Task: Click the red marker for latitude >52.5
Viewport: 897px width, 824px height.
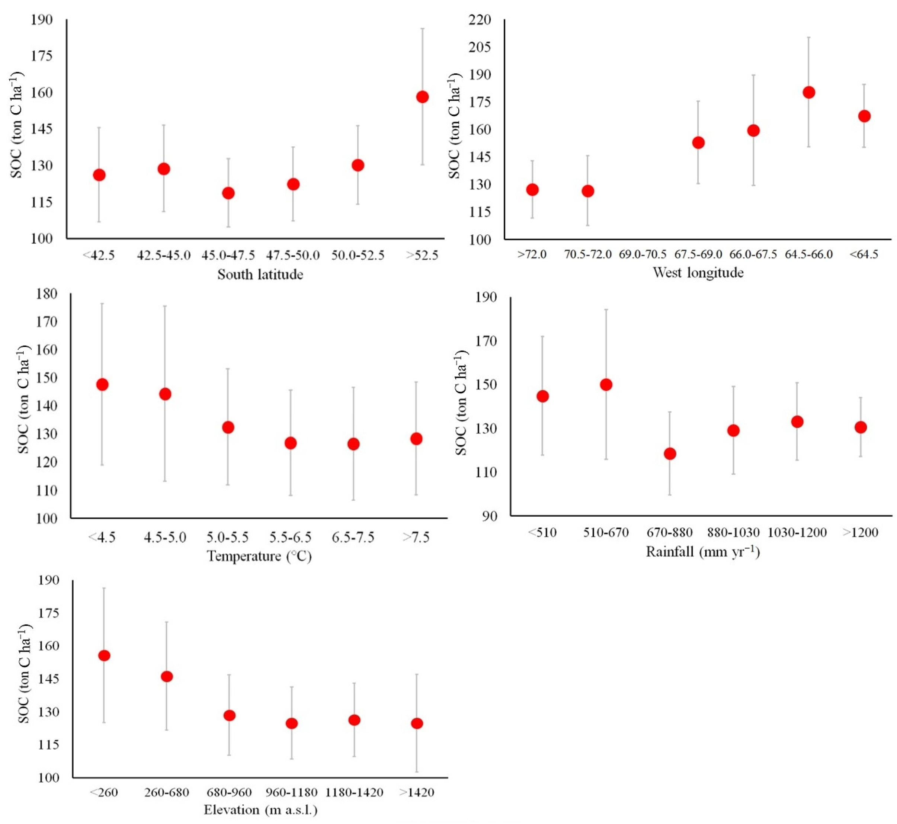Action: click(x=422, y=97)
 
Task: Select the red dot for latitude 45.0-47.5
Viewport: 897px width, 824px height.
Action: click(x=228, y=193)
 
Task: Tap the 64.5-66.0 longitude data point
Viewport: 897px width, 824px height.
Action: click(x=809, y=92)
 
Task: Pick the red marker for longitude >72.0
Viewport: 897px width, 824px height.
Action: click(x=532, y=189)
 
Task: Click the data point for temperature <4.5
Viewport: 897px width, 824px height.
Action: click(x=102, y=384)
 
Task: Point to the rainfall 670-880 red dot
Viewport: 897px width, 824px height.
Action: click(x=670, y=454)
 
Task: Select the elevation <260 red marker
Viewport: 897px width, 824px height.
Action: click(x=104, y=655)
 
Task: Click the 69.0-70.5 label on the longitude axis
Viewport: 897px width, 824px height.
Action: click(x=643, y=254)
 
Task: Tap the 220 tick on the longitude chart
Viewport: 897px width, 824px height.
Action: click(x=480, y=20)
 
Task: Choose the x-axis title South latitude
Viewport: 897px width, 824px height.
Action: click(x=260, y=274)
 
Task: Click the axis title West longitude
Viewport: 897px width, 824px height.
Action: click(x=698, y=272)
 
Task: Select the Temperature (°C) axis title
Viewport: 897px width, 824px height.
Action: click(x=259, y=556)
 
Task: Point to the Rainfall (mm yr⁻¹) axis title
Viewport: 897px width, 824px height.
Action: click(x=703, y=552)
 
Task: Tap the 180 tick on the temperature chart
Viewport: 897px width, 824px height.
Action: click(x=47, y=294)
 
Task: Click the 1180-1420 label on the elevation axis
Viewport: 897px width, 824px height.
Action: click(x=354, y=792)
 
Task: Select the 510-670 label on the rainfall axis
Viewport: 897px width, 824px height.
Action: click(x=606, y=532)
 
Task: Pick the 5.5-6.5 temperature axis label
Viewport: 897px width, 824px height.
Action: click(x=290, y=537)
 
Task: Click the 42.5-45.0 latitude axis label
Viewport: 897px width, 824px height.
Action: click(x=164, y=256)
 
